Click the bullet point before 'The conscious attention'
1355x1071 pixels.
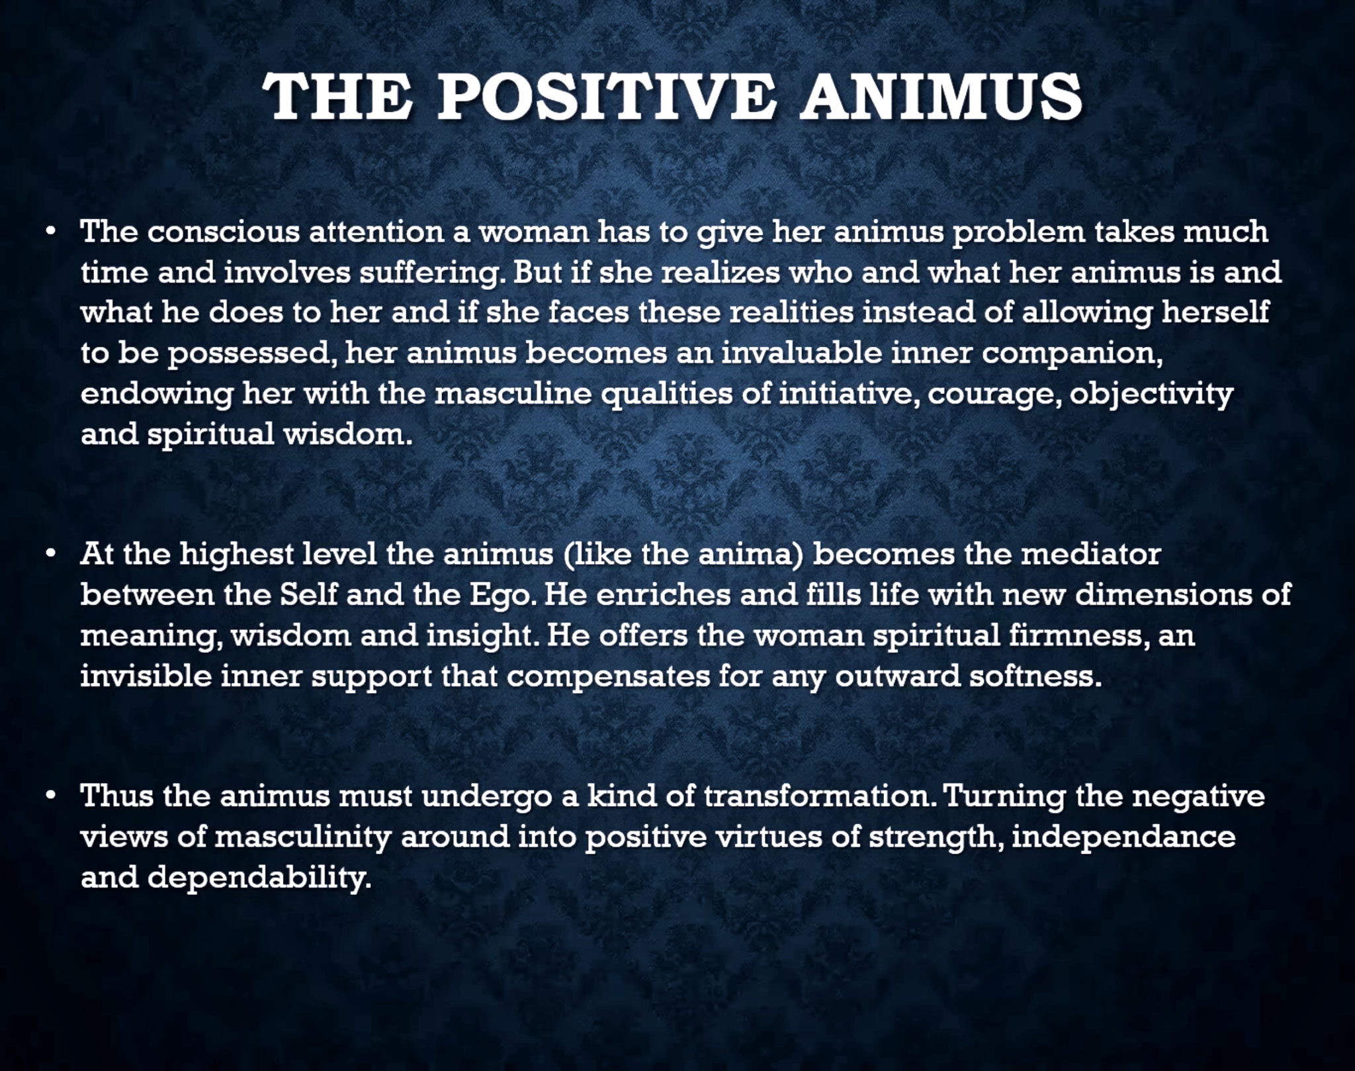(49, 232)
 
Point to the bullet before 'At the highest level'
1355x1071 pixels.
(49, 555)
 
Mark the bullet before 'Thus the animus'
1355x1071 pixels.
(49, 796)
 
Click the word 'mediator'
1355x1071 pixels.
(1091, 555)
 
